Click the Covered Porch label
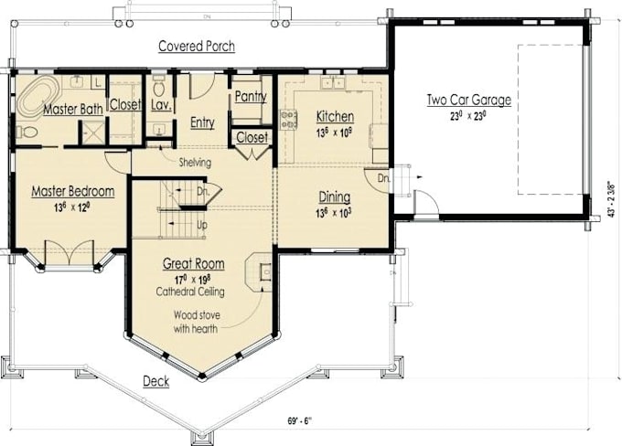click(x=196, y=46)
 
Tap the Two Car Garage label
click(x=468, y=100)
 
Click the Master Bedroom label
click(x=72, y=191)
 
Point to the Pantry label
click(x=250, y=96)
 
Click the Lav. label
click(x=161, y=105)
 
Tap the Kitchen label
click(x=335, y=116)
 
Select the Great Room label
click(x=193, y=264)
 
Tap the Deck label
click(x=155, y=380)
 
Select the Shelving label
click(x=194, y=163)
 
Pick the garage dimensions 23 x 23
click(x=468, y=116)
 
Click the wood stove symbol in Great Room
click(x=264, y=271)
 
